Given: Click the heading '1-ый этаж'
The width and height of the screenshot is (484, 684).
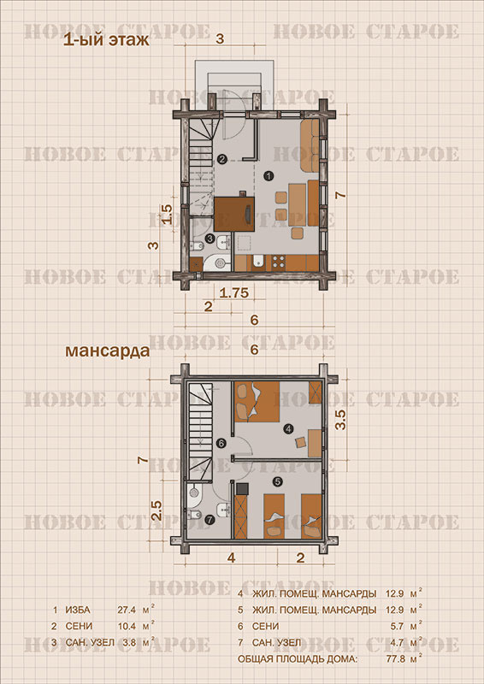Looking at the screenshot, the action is [x=107, y=41].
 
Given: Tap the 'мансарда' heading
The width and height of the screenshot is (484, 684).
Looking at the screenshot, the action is [x=108, y=351].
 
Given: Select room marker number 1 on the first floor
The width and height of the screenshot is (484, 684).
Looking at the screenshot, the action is [x=269, y=176].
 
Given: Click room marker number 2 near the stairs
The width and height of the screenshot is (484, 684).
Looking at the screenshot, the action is [x=222, y=159].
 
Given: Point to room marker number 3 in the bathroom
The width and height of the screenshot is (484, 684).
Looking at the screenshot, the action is [x=210, y=239].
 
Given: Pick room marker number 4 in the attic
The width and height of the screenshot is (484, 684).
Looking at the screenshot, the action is [x=288, y=429].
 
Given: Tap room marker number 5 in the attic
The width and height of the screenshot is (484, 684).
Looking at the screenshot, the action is [x=277, y=481].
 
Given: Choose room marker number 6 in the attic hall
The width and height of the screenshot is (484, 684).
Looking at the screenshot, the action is [x=221, y=443].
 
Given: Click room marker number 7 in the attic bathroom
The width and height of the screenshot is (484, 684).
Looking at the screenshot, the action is [x=210, y=520].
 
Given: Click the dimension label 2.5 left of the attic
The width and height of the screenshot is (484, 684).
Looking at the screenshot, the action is [x=156, y=510].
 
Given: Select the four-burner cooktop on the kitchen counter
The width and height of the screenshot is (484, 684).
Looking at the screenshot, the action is [x=279, y=262].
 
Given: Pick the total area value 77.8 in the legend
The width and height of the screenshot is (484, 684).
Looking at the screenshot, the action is [x=394, y=658].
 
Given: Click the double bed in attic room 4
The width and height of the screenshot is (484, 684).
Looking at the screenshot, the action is [x=257, y=401].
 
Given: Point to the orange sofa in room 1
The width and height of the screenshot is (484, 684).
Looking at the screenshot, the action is [x=310, y=145].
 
